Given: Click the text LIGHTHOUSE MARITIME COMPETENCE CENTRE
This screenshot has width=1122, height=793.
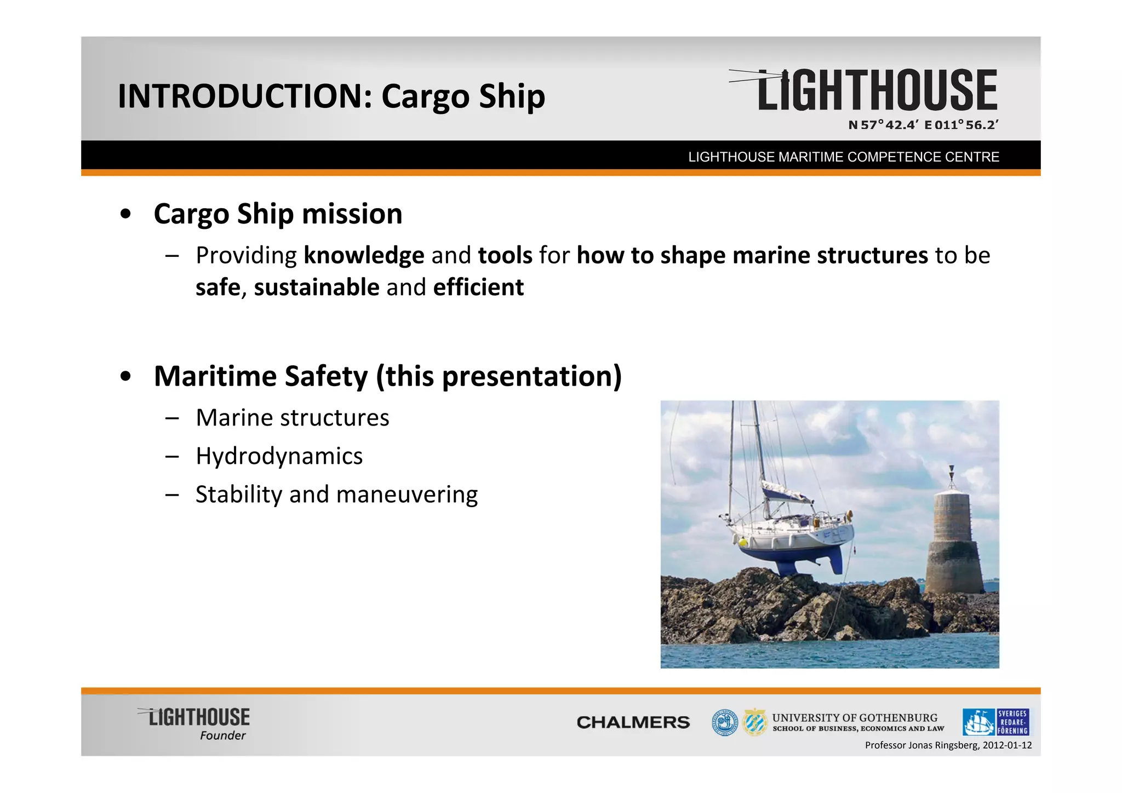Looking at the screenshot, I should tap(844, 157).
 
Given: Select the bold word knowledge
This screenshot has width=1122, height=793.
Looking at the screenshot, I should tap(364, 256).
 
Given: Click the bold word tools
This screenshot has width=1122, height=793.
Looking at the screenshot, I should tap(505, 256).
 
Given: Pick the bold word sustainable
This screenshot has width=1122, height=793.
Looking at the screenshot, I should tap(316, 288).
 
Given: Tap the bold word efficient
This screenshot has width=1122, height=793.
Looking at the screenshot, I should tap(478, 288).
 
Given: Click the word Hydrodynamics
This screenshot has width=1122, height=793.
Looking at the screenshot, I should tap(279, 456).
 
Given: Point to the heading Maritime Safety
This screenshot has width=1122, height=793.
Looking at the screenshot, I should tap(261, 376).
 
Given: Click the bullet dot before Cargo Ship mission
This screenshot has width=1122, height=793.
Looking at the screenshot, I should tap(126, 214).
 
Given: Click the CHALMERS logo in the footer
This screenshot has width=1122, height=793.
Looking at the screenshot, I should tap(633, 722).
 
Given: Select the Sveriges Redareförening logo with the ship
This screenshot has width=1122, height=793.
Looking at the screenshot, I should tap(995, 722).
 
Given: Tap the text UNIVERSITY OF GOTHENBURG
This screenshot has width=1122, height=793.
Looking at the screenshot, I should tap(855, 717).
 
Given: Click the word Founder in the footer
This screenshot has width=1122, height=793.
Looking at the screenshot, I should tap(222, 735).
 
